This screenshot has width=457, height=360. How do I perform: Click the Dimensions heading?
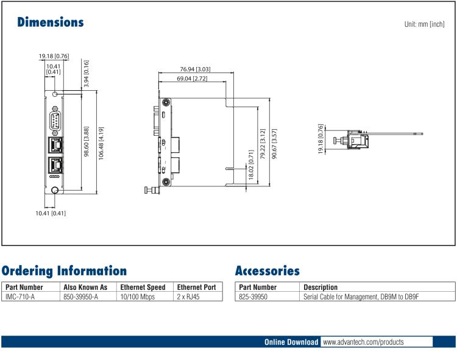point(51,23)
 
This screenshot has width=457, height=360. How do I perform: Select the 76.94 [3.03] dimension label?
point(195,71)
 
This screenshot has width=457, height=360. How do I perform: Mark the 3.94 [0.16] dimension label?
point(86,71)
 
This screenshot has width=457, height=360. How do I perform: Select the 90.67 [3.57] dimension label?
point(275,144)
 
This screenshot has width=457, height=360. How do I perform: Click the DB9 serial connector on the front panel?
point(55,121)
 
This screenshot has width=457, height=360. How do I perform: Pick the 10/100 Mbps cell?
point(138,297)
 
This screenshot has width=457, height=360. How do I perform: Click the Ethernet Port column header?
point(196,287)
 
